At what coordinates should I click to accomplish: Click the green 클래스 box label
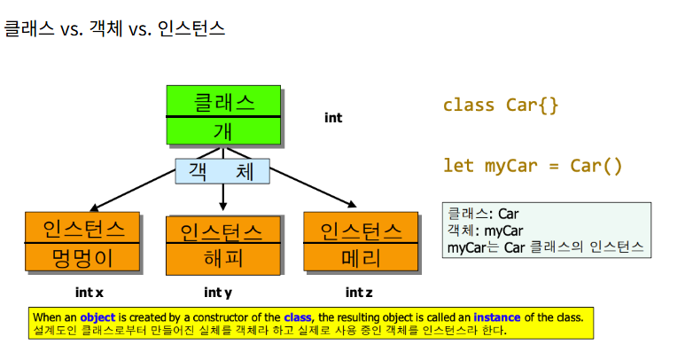223,102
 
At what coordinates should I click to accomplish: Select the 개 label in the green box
223,131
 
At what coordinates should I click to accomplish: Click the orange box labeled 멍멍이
83,258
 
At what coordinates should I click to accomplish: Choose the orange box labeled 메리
361,258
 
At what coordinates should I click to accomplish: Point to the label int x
89,292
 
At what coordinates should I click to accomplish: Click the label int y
218,292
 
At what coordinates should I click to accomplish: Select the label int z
360,292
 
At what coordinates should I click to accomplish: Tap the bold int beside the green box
333,117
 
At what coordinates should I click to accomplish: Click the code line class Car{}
501,106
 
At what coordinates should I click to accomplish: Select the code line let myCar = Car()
533,166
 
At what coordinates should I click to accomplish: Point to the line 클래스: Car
483,214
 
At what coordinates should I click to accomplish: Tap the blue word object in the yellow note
97,317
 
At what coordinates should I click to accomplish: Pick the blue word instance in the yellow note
496,317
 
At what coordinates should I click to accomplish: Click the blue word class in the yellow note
297,317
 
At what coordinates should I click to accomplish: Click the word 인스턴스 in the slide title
191,28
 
